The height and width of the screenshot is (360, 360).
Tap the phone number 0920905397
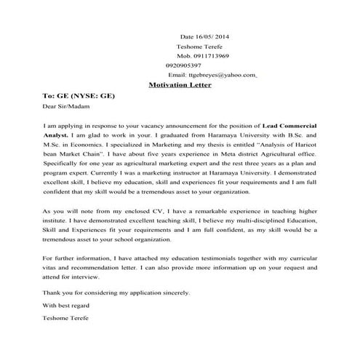pos(183,65)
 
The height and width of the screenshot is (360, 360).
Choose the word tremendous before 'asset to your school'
pos(65,239)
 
